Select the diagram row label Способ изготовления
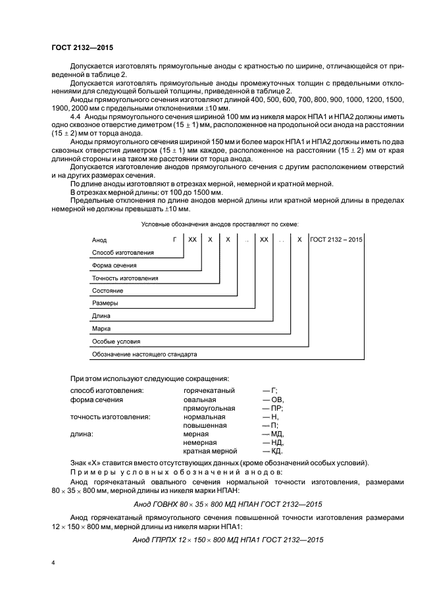(x=123, y=253)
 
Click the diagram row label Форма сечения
(x=115, y=265)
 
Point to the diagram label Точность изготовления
(x=125, y=278)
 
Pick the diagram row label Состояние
(x=107, y=291)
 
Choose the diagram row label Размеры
(x=105, y=303)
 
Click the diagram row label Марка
(x=102, y=328)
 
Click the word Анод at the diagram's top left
(x=99, y=240)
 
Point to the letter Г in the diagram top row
(x=174, y=240)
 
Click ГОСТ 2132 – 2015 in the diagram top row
(x=336, y=240)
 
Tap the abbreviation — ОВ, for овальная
(x=272, y=399)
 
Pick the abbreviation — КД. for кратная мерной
(x=272, y=451)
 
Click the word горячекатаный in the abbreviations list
(x=209, y=391)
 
